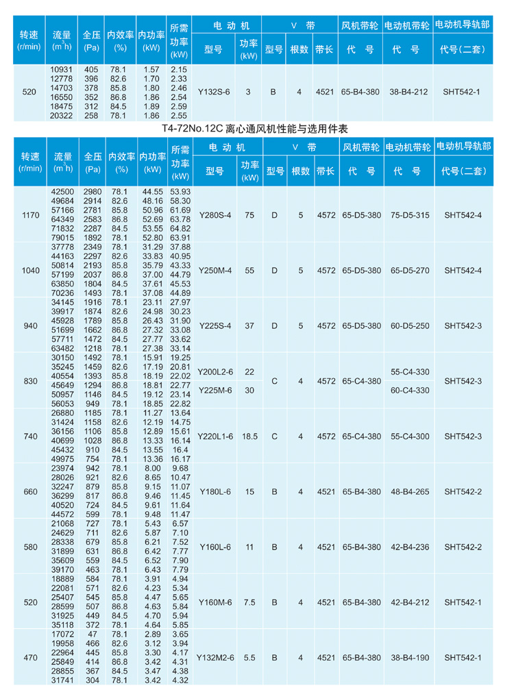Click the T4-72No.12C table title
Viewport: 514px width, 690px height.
256,127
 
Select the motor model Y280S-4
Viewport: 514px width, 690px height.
215,215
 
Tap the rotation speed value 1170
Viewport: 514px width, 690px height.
30,215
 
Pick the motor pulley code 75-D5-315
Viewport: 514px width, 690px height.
409,215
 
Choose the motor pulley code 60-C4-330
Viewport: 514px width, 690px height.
410,390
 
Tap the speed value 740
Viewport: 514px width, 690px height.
30,436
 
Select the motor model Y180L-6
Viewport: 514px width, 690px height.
215,491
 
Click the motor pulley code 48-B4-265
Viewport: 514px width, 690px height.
409,491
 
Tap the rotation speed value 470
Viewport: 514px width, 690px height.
30,657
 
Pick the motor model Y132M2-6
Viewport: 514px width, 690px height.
215,657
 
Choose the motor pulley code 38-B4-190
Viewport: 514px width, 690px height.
409,657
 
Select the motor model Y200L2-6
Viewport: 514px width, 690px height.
215,371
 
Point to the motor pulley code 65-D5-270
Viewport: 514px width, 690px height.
409,271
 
